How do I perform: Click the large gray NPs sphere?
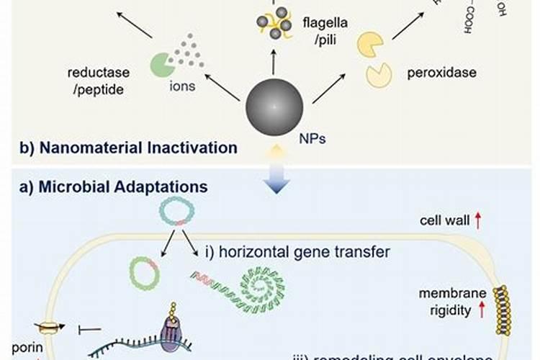pyautogui.click(x=274, y=107)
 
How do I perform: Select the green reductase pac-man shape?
pyautogui.click(x=162, y=66)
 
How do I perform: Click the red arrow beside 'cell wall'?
pyautogui.click(x=477, y=220)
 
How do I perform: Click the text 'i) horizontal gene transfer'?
pyautogui.click(x=297, y=252)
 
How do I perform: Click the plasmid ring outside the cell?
pyautogui.click(x=176, y=214)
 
